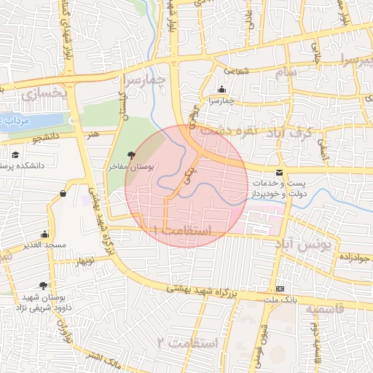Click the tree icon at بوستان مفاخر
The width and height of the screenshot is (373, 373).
[131, 154]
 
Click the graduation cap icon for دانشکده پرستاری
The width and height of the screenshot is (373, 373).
[16, 154]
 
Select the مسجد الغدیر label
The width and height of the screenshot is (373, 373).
[45, 245]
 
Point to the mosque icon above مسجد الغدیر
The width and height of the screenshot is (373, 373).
[45, 234]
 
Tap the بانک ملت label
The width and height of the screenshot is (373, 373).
[280, 299]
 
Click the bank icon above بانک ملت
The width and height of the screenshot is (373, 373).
[280, 288]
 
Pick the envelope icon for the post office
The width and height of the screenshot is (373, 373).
[280, 171]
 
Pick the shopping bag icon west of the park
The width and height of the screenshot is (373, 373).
[63, 193]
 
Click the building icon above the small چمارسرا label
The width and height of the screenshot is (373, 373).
[221, 90]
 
